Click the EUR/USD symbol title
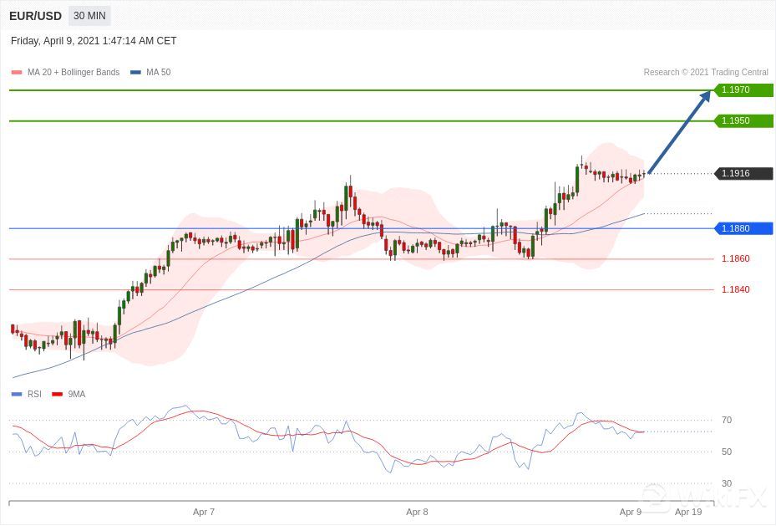(x=36, y=16)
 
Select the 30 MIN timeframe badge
(x=89, y=16)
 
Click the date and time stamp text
(x=94, y=41)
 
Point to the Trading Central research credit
(x=706, y=73)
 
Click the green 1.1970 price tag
(x=743, y=90)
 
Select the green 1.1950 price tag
(x=743, y=121)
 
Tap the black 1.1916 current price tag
(x=743, y=174)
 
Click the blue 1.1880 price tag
(x=743, y=228)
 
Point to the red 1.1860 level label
(x=735, y=259)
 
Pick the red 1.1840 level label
(x=735, y=290)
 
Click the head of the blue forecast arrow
(x=707, y=94)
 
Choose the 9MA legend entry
(x=76, y=395)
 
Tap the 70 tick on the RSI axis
(x=727, y=421)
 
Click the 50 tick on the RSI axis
(x=727, y=452)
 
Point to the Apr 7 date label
(x=204, y=512)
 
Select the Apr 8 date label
(x=417, y=512)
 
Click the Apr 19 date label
(x=688, y=512)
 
